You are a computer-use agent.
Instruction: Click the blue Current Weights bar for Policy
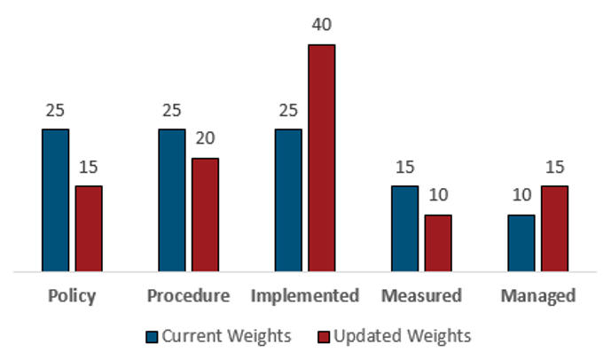[55, 200]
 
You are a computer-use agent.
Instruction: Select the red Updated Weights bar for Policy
[89, 228]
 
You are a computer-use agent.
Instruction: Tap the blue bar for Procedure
[171, 200]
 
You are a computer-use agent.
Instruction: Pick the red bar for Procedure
[205, 214]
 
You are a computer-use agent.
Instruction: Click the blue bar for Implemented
[288, 200]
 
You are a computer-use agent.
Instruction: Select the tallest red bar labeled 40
[322, 157]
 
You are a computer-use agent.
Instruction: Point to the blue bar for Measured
[405, 228]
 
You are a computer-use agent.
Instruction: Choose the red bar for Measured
[438, 242]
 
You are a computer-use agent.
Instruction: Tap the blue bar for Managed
[521, 242]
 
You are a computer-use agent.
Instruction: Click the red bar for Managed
[555, 228]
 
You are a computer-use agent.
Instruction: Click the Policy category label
[71, 295]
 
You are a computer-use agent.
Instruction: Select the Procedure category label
[188, 295]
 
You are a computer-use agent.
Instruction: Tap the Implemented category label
[305, 295]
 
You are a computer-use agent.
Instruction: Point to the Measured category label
[421, 295]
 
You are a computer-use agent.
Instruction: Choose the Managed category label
[538, 295]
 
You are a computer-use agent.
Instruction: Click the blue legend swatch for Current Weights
[152, 336]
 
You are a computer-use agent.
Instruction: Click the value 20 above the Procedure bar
[205, 139]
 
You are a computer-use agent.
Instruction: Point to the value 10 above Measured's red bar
[438, 196]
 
